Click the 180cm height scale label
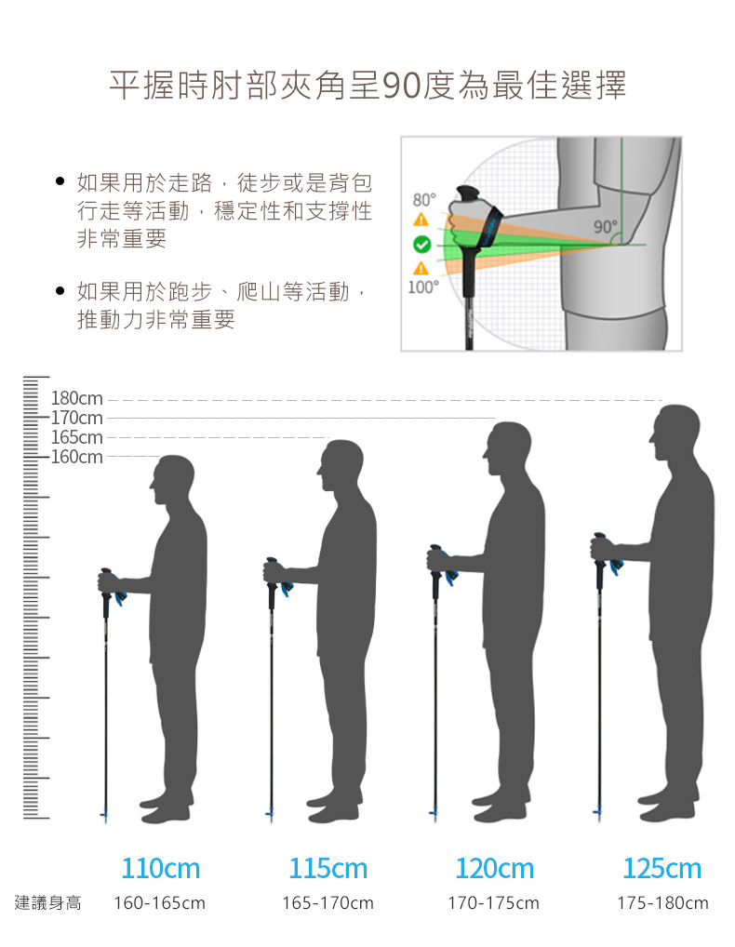point(76,400)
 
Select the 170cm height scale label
point(76,419)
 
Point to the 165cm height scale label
point(76,437)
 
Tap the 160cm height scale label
point(76,457)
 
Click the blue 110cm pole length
point(161,869)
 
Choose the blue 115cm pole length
point(327,869)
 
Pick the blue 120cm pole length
point(494,869)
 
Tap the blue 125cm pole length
point(661,869)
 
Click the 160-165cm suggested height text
point(159,903)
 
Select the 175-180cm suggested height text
point(662,903)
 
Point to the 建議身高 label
point(48,902)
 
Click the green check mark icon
point(421,245)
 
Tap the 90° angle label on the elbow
point(605,226)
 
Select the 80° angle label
point(423,200)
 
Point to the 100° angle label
point(422,287)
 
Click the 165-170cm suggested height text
point(327,903)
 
